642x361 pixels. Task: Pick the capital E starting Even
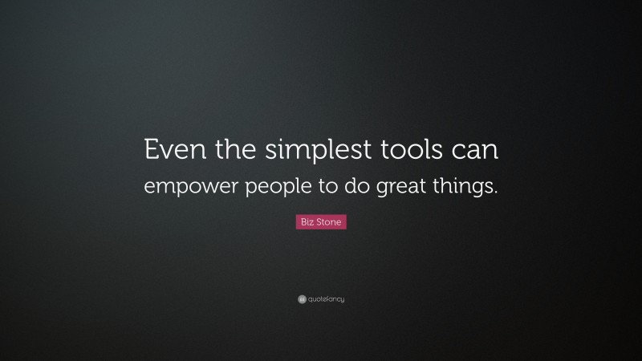click(149, 151)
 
